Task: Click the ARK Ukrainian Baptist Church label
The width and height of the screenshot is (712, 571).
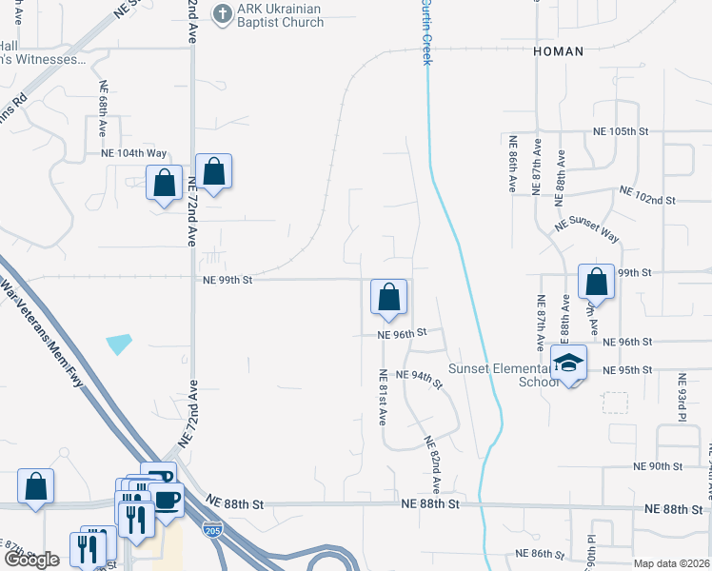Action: tap(281, 16)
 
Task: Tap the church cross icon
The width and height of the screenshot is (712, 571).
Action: tap(222, 13)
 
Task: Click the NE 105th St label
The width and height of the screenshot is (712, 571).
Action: tap(620, 130)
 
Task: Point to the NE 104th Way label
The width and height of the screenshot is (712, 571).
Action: tap(134, 153)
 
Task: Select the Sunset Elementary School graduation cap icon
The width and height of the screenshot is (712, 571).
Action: tap(569, 363)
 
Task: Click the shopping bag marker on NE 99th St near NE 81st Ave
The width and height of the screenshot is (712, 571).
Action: tap(388, 297)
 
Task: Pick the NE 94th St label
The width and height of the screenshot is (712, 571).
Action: tap(420, 378)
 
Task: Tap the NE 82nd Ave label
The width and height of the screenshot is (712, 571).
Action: tap(433, 458)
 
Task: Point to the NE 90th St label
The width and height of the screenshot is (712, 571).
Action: tap(659, 466)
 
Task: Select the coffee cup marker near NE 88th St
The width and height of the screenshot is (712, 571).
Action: tap(167, 499)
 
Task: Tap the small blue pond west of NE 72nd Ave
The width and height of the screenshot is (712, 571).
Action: tap(119, 344)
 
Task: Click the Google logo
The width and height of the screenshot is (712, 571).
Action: tap(32, 560)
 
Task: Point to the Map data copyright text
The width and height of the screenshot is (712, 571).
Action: tap(672, 563)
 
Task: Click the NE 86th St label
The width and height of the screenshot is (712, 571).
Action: tap(540, 553)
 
